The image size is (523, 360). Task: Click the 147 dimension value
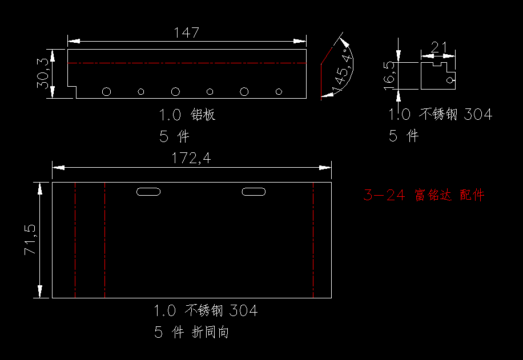tap(187, 33)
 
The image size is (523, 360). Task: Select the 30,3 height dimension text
tap(43, 74)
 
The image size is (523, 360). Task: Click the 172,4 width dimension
tap(191, 158)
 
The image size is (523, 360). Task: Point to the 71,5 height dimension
tap(30, 240)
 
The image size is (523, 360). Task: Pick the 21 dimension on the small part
tap(438, 48)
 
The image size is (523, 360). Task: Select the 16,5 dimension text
tap(389, 76)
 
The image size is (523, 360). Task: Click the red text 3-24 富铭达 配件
tap(424, 195)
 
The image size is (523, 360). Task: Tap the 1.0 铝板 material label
tap(187, 115)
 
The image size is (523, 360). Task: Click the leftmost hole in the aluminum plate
tap(106, 91)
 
